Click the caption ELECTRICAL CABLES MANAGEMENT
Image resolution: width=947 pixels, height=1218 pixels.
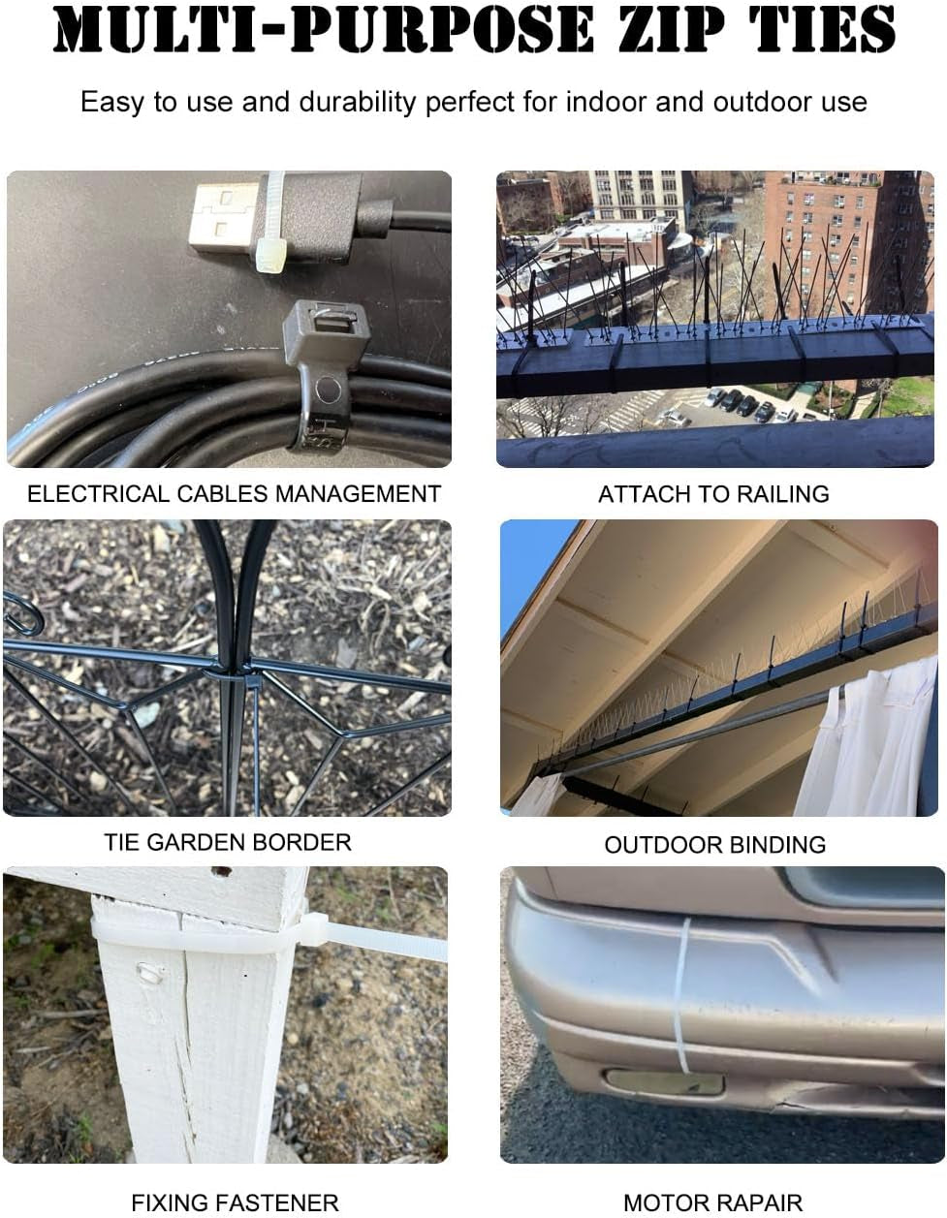(234, 494)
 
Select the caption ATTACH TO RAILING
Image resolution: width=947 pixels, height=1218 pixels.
(713, 494)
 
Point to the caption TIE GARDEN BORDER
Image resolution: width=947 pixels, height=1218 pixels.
(228, 842)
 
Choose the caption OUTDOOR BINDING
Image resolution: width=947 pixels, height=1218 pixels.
(715, 845)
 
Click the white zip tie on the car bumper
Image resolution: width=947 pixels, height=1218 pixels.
(681, 995)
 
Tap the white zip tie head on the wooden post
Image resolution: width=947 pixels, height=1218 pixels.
(315, 929)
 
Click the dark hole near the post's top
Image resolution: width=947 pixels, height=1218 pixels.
(220, 871)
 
